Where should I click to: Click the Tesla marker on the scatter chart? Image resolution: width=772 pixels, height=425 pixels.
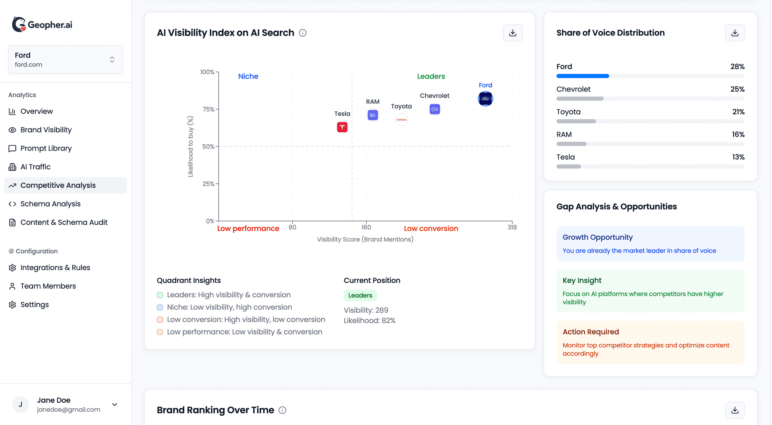tap(342, 127)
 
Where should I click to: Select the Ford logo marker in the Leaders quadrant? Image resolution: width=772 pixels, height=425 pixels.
tap(485, 99)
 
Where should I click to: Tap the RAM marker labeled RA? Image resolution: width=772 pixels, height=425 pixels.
tap(372, 115)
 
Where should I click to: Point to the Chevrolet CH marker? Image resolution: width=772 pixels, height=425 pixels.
tap(434, 109)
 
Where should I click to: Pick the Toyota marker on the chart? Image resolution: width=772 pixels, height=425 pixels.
tap(401, 120)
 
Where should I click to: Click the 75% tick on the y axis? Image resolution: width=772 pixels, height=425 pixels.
tap(208, 109)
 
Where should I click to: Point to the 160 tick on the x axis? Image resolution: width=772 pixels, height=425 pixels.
tap(366, 227)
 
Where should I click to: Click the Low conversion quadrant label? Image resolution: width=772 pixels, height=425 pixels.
tap(431, 228)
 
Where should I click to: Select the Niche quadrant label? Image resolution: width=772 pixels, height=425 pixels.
tap(248, 76)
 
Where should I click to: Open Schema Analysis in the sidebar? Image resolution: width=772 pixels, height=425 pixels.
tap(51, 204)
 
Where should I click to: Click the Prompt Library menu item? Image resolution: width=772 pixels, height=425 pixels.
tap(46, 148)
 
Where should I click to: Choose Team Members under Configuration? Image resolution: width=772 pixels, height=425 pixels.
tap(48, 286)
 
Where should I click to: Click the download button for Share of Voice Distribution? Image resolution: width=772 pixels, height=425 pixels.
tap(735, 33)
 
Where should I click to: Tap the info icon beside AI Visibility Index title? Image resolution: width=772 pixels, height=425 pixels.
tap(302, 33)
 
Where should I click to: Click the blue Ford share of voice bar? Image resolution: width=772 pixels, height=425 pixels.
tap(582, 76)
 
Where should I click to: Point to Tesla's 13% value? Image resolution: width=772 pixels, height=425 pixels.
tap(738, 157)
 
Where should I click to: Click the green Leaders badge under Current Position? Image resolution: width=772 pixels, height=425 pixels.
tap(360, 295)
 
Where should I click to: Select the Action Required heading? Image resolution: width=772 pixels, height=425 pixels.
tap(590, 332)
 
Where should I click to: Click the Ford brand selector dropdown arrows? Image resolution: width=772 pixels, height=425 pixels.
tap(112, 60)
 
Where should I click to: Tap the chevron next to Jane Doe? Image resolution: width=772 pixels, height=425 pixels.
tap(115, 404)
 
